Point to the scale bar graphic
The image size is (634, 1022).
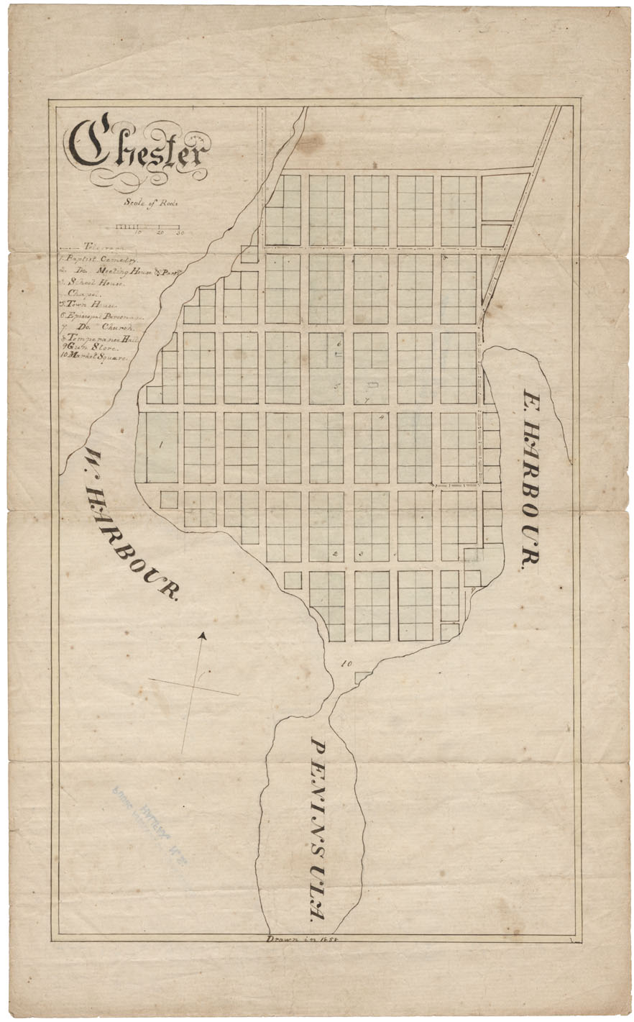coord(148,227)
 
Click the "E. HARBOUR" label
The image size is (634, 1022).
coord(530,480)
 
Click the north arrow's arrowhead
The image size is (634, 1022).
coord(203,636)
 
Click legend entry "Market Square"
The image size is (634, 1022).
coord(94,357)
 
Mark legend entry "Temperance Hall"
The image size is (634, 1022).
coord(101,337)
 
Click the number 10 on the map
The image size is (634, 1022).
coord(346,663)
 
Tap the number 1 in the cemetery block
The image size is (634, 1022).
coord(161,444)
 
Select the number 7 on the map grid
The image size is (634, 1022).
coord(366,401)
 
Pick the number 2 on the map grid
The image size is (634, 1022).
coord(336,553)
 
